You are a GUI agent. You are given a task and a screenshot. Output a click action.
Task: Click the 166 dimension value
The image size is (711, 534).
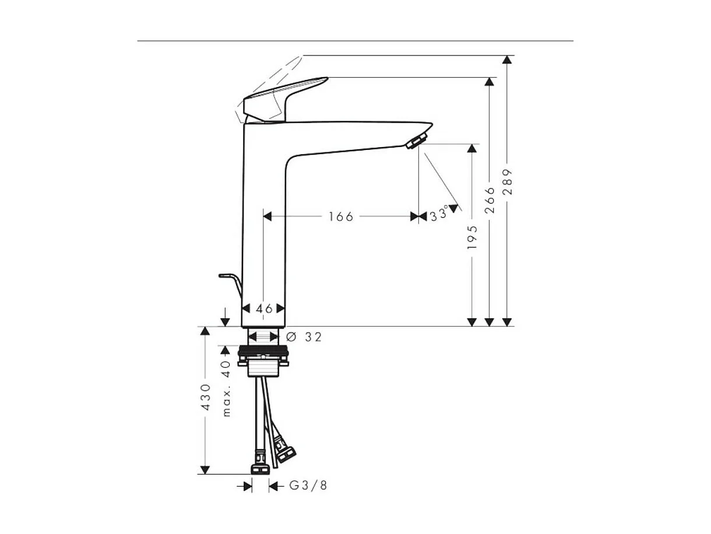pos(340,217)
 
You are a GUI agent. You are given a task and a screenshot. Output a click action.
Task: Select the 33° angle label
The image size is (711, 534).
pos(439,215)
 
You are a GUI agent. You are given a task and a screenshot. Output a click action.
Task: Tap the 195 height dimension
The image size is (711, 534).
pos(472,238)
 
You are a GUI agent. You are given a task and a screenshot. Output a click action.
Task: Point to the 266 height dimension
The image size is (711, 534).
pos(490,200)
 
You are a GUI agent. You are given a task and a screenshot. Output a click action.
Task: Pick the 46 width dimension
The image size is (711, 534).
pos(264,309)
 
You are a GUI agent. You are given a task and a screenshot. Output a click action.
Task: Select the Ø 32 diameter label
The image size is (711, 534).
pos(304,337)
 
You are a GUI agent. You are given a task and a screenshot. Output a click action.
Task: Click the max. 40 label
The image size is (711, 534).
pos(227,388)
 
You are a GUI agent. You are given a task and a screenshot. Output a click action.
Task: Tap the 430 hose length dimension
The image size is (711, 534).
pos(205,397)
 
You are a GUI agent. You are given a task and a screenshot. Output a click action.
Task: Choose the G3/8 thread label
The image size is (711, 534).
pos(308,486)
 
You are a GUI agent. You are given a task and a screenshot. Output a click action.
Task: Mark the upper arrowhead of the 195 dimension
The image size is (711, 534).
pos(472,149)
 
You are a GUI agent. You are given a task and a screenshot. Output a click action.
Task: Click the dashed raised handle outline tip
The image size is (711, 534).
pos(301,58)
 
